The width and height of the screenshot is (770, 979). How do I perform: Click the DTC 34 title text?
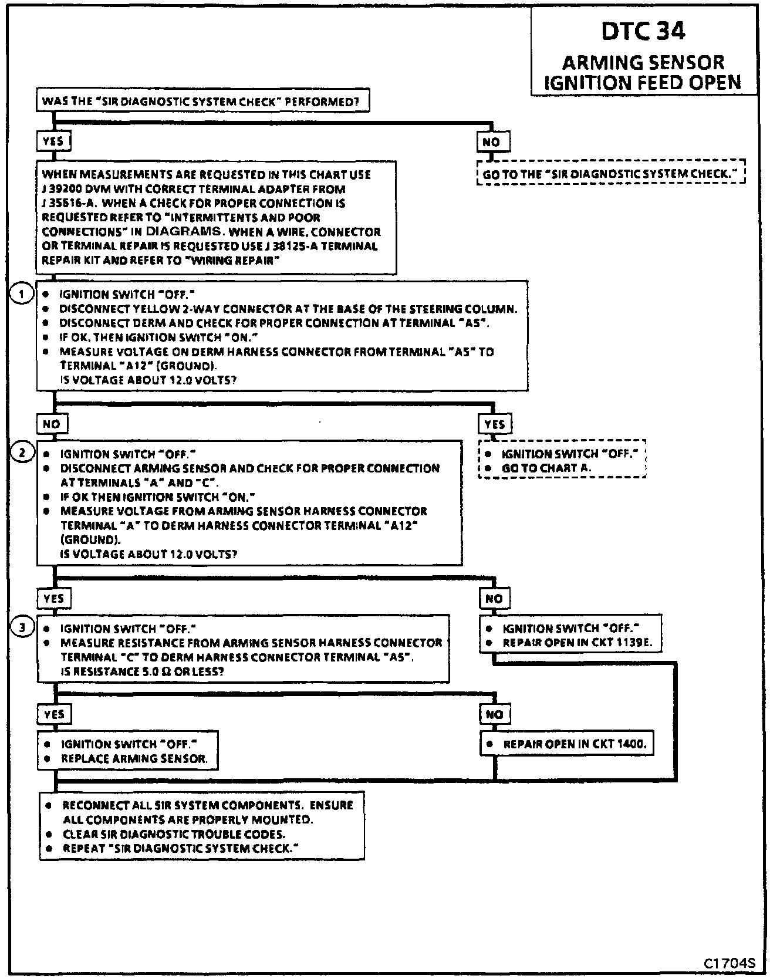tap(643, 32)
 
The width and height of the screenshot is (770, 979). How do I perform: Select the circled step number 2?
tap(22, 453)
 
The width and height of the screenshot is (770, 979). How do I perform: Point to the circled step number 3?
tap(22, 628)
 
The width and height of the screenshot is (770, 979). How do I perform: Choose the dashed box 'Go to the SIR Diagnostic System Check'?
tap(610, 174)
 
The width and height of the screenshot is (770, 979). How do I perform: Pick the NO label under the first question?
tap(492, 142)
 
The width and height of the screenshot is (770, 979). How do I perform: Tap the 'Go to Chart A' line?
tap(546, 468)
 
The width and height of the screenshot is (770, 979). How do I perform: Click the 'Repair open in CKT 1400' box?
tap(568, 744)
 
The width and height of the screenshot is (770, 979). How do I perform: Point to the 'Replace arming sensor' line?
tap(134, 759)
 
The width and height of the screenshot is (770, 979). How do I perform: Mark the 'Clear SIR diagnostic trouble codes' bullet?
tap(174, 834)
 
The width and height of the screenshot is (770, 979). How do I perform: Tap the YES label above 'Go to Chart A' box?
tap(495, 424)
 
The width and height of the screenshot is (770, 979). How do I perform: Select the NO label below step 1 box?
tap(52, 424)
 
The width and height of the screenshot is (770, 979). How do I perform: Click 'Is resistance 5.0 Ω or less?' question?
tap(141, 671)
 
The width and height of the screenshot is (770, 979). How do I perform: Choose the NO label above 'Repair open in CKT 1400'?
tap(495, 714)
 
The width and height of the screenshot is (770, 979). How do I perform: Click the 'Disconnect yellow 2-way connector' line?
tap(288, 309)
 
